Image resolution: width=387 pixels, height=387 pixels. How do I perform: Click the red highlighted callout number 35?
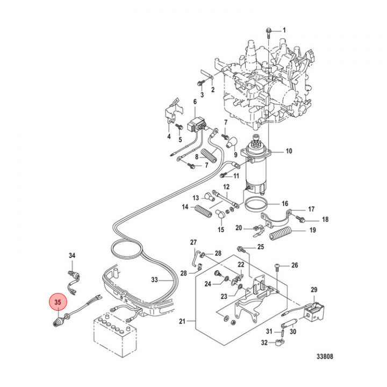(x=57, y=302)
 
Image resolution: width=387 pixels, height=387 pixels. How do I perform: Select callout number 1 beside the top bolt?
(x=285, y=30)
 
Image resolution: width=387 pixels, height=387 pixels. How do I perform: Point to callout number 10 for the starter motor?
(x=289, y=151)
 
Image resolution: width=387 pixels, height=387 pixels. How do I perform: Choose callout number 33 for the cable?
(x=154, y=280)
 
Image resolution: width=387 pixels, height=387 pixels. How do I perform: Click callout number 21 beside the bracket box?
(x=182, y=321)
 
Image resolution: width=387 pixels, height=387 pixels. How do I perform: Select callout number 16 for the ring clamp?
(x=285, y=204)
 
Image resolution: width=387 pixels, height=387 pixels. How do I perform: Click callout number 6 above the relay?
(x=195, y=102)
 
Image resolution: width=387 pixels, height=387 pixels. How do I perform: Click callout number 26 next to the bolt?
(x=294, y=266)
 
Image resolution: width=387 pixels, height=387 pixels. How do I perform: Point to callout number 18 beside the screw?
(x=325, y=220)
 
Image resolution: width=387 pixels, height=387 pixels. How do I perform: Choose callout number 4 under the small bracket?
(x=168, y=137)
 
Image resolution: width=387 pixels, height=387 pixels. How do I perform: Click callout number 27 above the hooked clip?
(x=193, y=242)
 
